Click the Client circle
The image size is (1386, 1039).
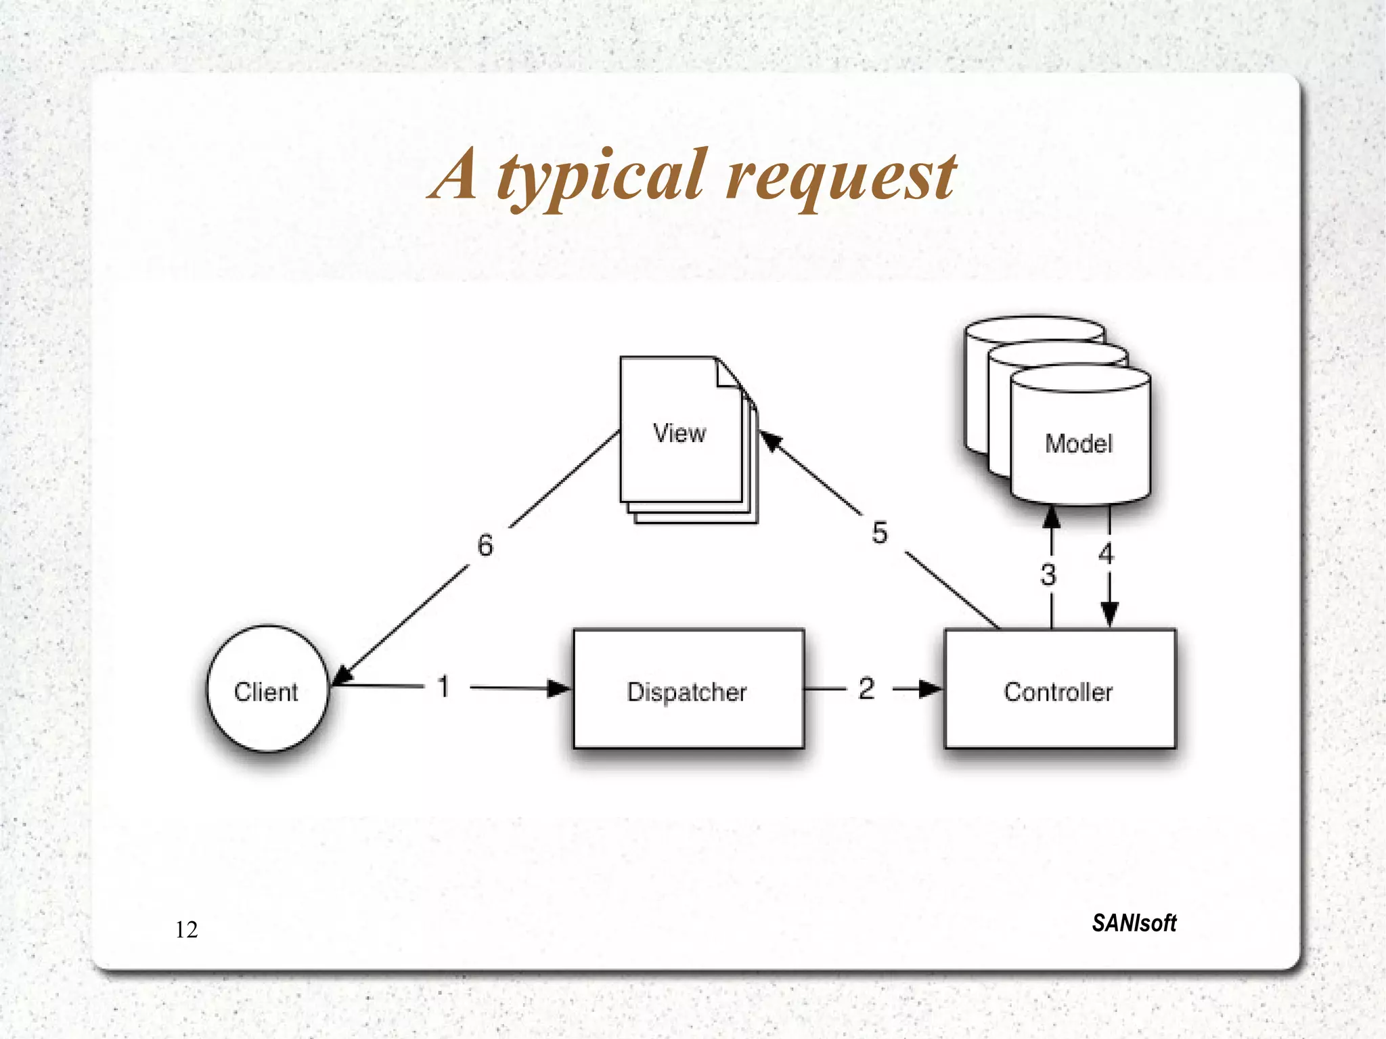coord(267,689)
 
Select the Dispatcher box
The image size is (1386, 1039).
coord(688,689)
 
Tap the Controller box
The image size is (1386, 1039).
coord(1059,689)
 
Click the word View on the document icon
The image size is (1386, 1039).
coord(679,433)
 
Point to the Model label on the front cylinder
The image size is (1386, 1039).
coord(1079,444)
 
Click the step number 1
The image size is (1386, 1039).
coord(444,687)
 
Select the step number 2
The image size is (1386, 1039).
coord(866,689)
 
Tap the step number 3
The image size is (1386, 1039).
coord(1048,575)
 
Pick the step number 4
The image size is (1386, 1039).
coord(1106,554)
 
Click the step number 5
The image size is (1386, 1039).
coord(879,533)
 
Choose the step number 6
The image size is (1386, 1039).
coord(485,546)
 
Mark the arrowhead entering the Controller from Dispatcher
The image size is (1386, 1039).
coord(930,689)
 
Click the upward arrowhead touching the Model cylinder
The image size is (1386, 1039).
coord(1051,518)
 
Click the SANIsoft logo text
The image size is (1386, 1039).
coord(1134,923)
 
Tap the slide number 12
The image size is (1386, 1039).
coord(187,930)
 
